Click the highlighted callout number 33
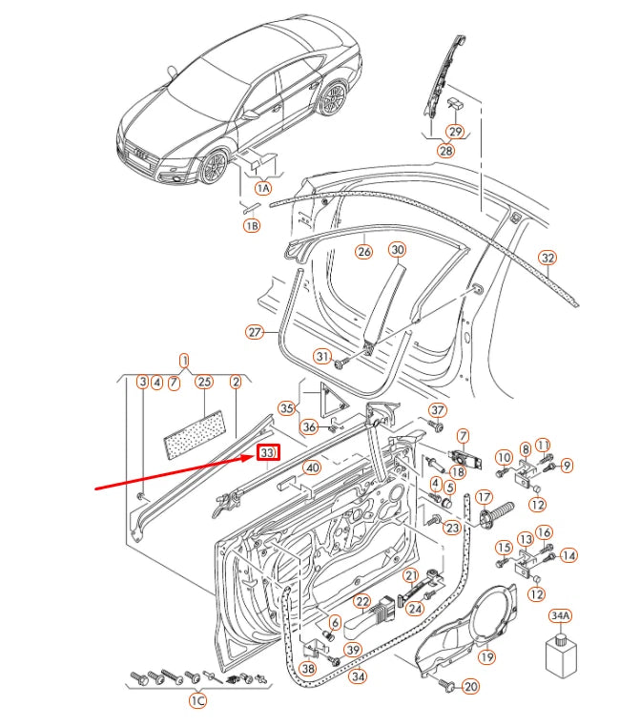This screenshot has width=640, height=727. (269, 452)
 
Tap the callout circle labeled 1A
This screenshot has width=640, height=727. (262, 189)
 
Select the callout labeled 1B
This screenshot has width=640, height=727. (251, 226)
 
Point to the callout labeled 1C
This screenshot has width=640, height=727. (197, 701)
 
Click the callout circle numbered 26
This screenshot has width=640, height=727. (363, 252)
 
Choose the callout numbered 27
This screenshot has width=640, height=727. (254, 332)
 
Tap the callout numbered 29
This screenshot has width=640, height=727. (455, 132)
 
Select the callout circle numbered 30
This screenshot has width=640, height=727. (397, 250)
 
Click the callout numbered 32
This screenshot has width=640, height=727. (547, 258)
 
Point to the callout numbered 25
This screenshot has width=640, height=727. (202, 382)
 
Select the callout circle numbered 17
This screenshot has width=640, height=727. (484, 497)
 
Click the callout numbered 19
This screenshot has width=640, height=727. (486, 656)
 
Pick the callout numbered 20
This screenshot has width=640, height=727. (470, 686)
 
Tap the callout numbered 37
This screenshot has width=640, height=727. (437, 410)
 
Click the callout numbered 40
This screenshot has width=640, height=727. (311, 468)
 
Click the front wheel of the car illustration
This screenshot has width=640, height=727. (213, 167)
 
